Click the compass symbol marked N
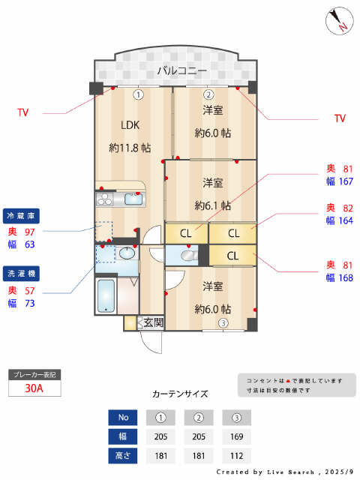[339, 21]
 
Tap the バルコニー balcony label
[177, 71]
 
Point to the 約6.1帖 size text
[213, 205]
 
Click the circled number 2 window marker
[209, 94]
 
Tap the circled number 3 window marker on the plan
[223, 323]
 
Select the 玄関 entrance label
[153, 322]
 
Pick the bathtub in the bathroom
[106, 296]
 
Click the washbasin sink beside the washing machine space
[126, 255]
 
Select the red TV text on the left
[23, 112]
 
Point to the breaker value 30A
[34, 388]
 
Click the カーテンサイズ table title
[180, 393]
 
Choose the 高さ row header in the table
[123, 455]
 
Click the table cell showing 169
[236, 436]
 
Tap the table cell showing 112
[236, 455]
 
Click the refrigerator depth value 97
[31, 232]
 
